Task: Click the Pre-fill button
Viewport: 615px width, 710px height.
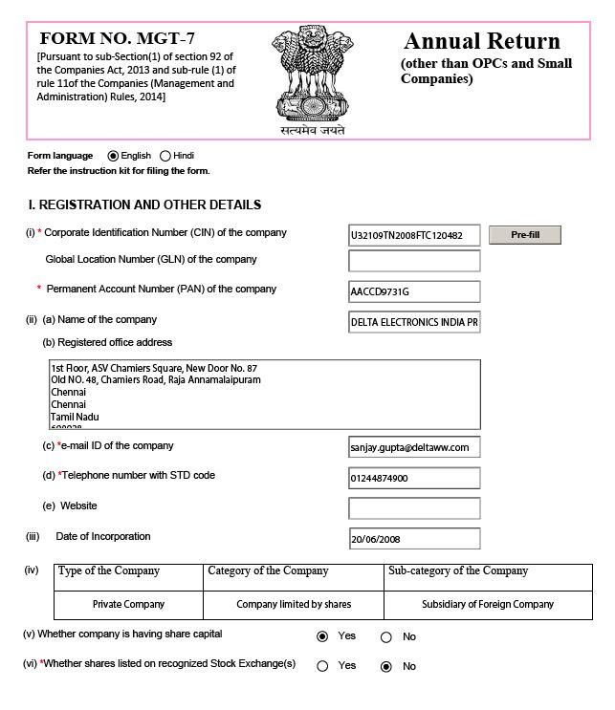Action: (524, 235)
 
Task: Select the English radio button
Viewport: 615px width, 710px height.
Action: (113, 156)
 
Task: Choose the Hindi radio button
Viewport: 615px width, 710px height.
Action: (165, 156)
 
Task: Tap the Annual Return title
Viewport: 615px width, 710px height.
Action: (481, 42)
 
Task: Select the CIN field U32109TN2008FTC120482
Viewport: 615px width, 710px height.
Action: (414, 235)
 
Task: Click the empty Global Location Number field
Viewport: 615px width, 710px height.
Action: (414, 261)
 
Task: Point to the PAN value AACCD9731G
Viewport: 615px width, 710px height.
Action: (414, 290)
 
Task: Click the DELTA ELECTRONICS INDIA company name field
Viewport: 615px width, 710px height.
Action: (414, 322)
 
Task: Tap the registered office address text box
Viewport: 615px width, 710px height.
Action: (265, 394)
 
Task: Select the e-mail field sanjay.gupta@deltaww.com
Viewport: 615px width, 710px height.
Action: (414, 446)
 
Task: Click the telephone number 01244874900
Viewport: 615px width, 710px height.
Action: (414, 478)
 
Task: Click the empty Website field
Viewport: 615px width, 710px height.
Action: (414, 507)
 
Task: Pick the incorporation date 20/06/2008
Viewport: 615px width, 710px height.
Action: (414, 539)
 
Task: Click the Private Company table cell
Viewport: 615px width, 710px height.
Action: (128, 605)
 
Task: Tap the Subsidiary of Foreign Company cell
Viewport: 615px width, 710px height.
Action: (488, 605)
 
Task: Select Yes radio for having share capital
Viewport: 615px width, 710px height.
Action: (322, 636)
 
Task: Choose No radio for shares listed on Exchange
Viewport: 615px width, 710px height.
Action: (386, 666)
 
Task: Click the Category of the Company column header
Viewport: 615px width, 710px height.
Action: (268, 571)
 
